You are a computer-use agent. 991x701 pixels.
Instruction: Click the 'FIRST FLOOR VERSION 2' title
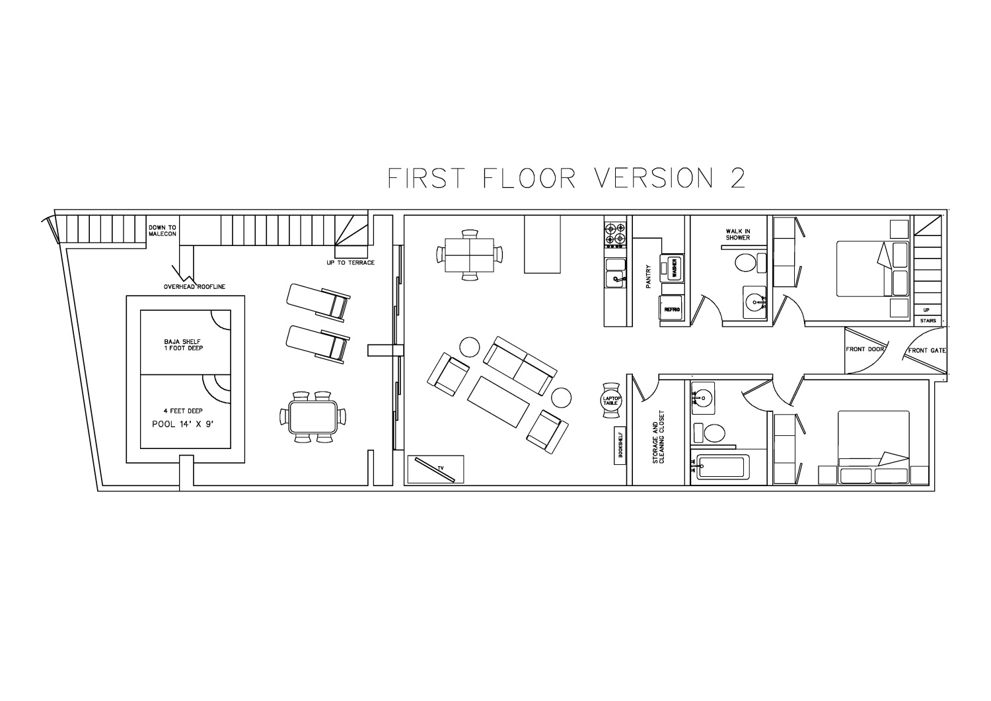pyautogui.click(x=566, y=178)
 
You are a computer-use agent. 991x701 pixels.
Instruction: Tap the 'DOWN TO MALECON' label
pyautogui.click(x=163, y=231)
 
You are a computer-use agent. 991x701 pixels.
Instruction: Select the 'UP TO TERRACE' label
pyautogui.click(x=350, y=263)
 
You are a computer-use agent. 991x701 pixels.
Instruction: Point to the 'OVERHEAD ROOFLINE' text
pyautogui.click(x=194, y=286)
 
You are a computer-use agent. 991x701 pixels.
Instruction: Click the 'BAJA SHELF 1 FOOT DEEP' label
pyautogui.click(x=183, y=345)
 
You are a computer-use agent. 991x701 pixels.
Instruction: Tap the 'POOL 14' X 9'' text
pyautogui.click(x=183, y=424)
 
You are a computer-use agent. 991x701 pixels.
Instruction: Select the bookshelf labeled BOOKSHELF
pyautogui.click(x=620, y=445)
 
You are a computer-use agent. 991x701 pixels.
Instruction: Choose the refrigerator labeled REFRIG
pyautogui.click(x=672, y=309)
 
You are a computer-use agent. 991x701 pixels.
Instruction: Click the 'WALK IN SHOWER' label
pyautogui.click(x=738, y=234)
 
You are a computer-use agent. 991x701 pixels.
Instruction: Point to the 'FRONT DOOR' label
pyautogui.click(x=864, y=349)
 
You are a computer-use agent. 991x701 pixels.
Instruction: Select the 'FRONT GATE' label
pyautogui.click(x=927, y=350)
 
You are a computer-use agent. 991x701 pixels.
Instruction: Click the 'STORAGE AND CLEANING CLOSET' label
pyautogui.click(x=658, y=437)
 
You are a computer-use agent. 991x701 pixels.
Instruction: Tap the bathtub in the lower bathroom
pyautogui.click(x=720, y=467)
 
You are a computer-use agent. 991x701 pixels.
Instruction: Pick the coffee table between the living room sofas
pyautogui.click(x=498, y=401)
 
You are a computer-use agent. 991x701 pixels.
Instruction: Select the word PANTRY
pyautogui.click(x=649, y=277)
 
